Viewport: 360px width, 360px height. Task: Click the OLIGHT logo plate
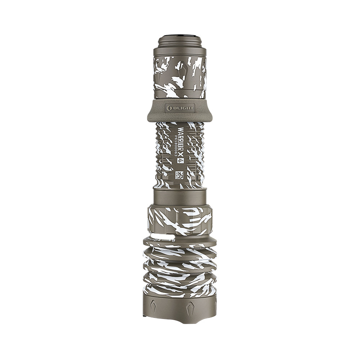(x=180, y=107)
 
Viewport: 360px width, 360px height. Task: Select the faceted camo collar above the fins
(x=180, y=220)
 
